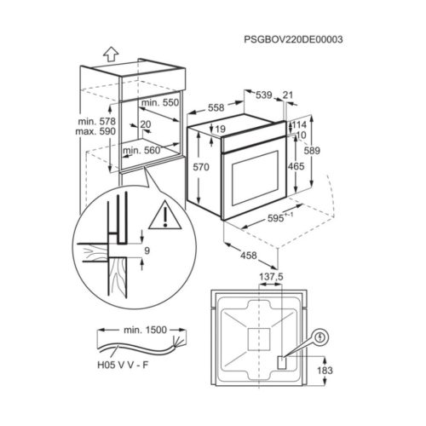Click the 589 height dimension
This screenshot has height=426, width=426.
(x=337, y=151)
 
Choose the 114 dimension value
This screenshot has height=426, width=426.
(x=297, y=124)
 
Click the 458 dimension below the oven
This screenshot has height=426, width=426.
(x=246, y=256)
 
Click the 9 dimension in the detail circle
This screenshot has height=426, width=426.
(x=147, y=251)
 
